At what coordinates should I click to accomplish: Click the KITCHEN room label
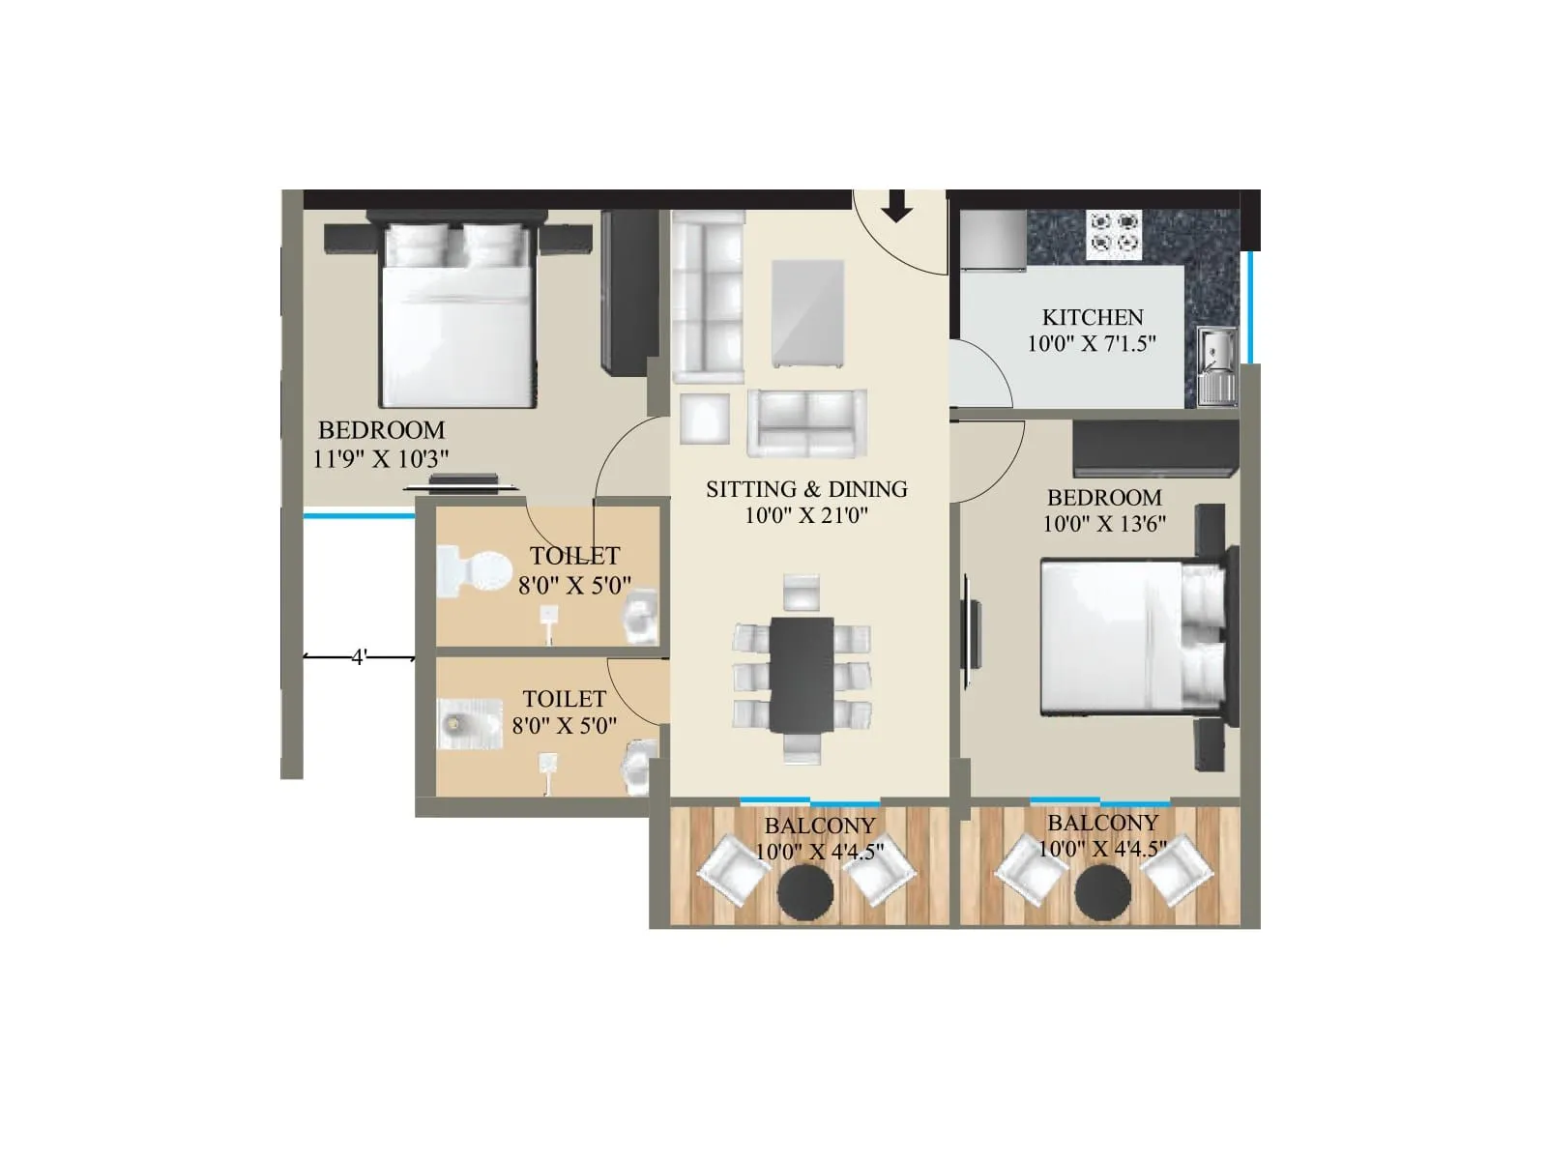(x=1092, y=317)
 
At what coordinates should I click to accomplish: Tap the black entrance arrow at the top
(x=898, y=206)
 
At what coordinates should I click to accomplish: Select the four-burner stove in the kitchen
(x=1114, y=234)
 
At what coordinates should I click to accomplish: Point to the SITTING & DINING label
(x=806, y=489)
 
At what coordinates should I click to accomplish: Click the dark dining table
(x=802, y=675)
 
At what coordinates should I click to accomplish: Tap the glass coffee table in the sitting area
(x=807, y=315)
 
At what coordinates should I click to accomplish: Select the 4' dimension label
(x=359, y=657)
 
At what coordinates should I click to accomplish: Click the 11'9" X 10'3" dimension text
(x=381, y=458)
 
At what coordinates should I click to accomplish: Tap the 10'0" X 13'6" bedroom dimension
(x=1104, y=524)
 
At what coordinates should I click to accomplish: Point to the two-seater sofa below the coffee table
(x=806, y=423)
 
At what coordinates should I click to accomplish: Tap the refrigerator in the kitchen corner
(x=993, y=241)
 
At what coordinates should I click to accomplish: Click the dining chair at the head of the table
(x=802, y=592)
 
